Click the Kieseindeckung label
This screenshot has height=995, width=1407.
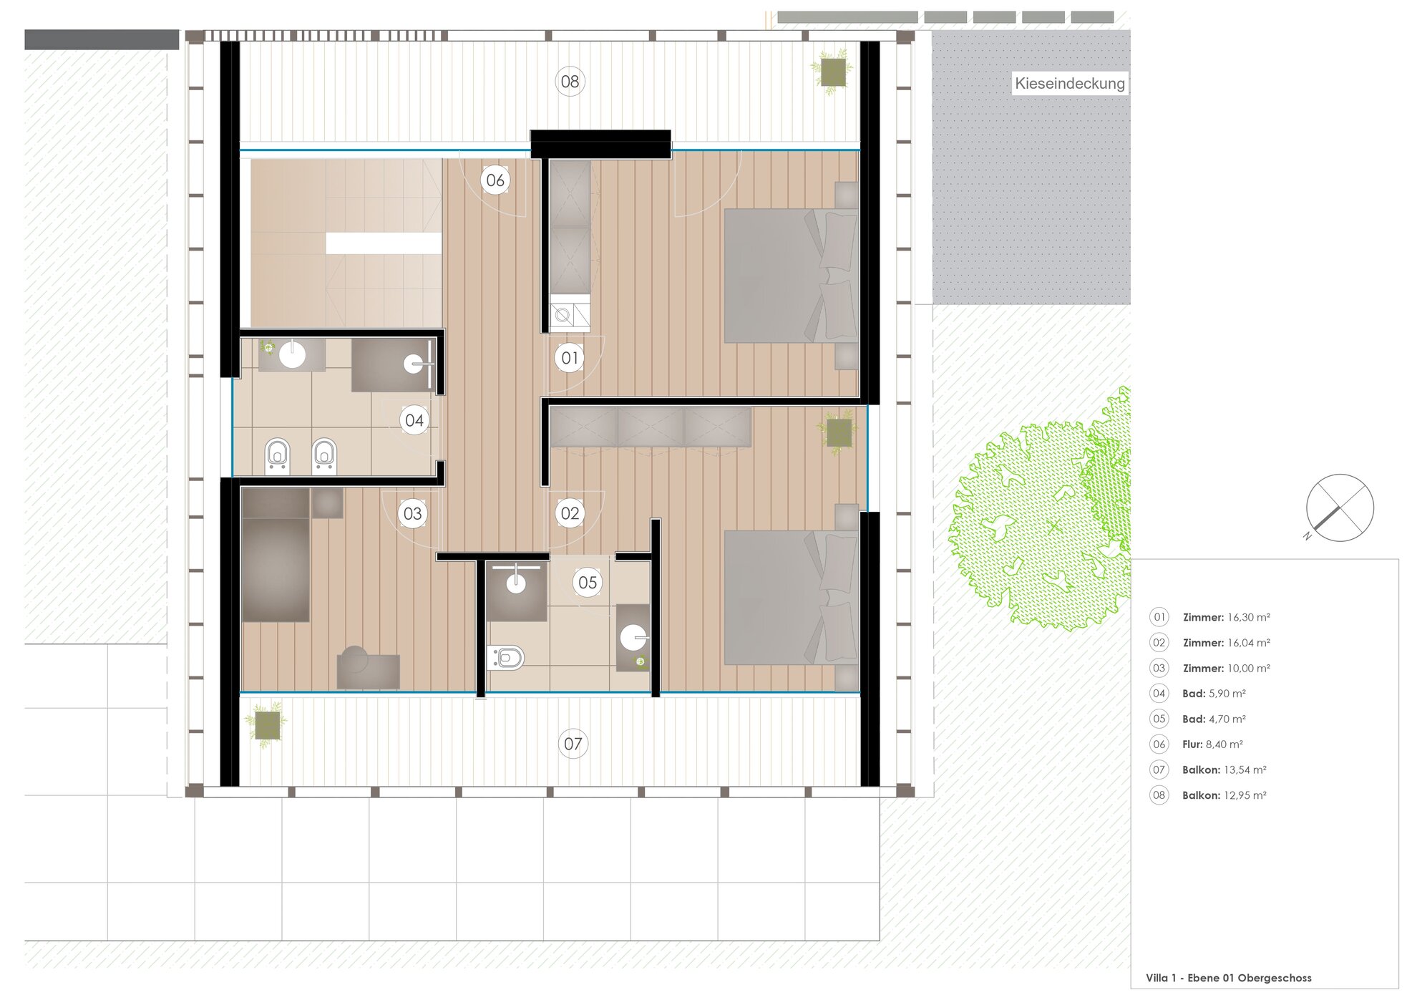click(1070, 84)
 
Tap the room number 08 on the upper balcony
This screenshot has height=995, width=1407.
click(570, 82)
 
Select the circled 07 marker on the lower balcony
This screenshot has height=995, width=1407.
click(573, 744)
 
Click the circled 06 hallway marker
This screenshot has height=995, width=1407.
click(495, 180)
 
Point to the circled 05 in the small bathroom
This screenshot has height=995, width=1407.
click(588, 583)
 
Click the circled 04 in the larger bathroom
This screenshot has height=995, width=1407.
click(414, 420)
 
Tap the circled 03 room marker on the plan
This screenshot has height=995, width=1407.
click(412, 513)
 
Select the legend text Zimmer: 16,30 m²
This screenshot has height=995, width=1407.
click(1226, 617)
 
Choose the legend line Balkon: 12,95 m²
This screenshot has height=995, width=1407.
click(1225, 795)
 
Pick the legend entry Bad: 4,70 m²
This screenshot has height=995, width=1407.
click(1214, 719)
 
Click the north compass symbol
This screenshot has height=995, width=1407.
click(1339, 508)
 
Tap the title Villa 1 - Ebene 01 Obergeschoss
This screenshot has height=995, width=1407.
click(1229, 978)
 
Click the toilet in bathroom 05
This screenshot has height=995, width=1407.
click(506, 657)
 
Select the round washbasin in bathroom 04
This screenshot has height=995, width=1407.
click(292, 355)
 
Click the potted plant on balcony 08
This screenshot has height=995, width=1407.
click(832, 72)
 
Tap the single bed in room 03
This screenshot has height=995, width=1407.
click(276, 555)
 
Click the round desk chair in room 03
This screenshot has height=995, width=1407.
click(354, 659)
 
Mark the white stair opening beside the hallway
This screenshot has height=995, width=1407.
click(384, 243)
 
